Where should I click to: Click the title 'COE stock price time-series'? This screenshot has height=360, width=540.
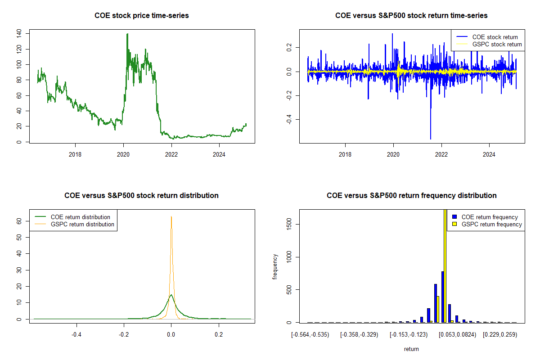[x=141, y=16]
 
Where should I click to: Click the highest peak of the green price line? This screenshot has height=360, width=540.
[x=127, y=34]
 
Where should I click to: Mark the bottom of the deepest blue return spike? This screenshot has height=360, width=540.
[x=431, y=139]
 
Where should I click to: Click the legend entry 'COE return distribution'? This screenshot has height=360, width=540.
[x=81, y=217]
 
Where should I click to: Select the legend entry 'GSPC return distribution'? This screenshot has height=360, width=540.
[x=82, y=224]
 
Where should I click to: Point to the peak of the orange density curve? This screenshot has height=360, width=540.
[x=171, y=216]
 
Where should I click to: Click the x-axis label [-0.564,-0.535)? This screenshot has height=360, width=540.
[x=310, y=335]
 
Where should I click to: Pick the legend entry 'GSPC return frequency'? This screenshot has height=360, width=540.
[x=492, y=224]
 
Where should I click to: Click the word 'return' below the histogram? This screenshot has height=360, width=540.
[x=411, y=349]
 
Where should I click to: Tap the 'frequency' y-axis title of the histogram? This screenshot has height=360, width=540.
[x=275, y=266]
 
